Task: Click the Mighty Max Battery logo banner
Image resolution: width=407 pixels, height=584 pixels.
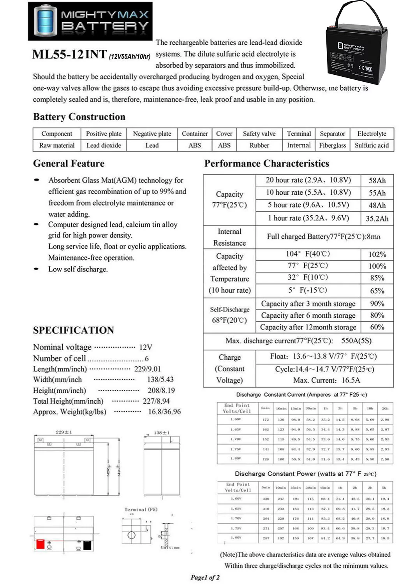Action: click(90, 21)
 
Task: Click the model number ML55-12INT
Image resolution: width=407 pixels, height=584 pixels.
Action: click(69, 54)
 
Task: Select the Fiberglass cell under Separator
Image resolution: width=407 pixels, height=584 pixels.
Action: click(332, 145)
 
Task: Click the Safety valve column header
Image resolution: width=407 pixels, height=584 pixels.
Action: click(259, 134)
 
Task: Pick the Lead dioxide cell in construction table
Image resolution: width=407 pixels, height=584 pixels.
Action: click(104, 145)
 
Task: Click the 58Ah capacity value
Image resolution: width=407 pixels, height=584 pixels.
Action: click(377, 180)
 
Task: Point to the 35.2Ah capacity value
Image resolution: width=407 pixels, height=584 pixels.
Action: click(377, 218)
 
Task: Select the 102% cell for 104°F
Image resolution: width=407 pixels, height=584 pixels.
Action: click(377, 254)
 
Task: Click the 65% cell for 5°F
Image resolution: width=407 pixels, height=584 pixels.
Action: click(377, 290)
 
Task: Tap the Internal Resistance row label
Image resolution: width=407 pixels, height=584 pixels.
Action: click(229, 237)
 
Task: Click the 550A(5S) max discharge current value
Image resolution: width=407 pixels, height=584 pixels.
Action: click(356, 341)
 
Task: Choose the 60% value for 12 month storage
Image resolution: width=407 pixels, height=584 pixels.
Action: click(377, 327)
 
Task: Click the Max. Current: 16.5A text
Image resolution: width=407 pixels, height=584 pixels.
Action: click(326, 380)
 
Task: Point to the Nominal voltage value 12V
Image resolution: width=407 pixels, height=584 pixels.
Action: click(146, 347)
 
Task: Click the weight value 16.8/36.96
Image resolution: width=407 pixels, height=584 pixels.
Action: click(164, 412)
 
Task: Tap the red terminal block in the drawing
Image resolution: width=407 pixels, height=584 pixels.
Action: click(40, 544)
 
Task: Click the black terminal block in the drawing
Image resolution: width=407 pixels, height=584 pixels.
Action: click(87, 545)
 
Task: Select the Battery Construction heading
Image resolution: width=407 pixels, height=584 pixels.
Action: click(79, 117)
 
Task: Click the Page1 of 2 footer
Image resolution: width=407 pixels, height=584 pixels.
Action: click(205, 577)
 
